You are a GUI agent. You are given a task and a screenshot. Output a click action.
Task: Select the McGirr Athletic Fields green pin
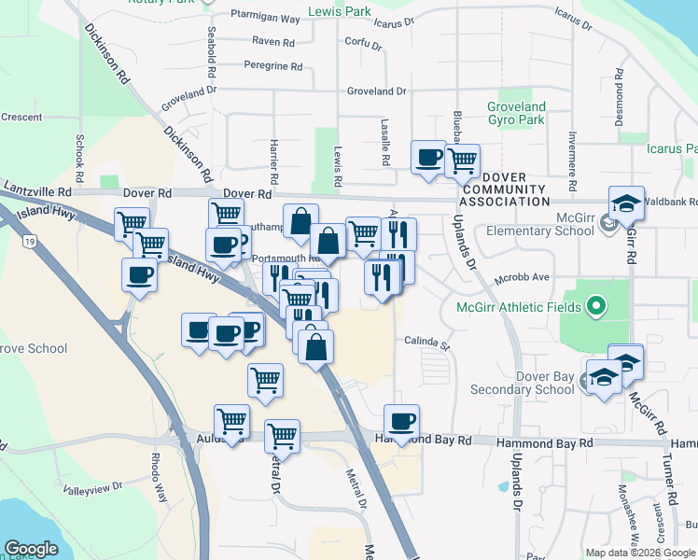click(x=594, y=306)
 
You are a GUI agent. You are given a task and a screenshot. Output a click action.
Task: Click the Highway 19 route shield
click(x=31, y=242)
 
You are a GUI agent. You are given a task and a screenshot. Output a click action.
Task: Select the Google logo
click(x=32, y=549)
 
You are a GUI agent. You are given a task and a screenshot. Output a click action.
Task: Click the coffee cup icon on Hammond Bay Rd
click(x=402, y=422)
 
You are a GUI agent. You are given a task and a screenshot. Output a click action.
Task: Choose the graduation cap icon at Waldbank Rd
click(x=625, y=203)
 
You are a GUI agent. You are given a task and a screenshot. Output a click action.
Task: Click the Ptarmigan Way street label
click(x=265, y=18)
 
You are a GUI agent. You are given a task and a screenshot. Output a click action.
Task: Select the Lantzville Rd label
click(x=37, y=190)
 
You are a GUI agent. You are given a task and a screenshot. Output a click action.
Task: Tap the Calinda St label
click(x=426, y=343)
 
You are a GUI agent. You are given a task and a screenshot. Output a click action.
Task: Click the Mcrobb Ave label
click(x=522, y=277)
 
